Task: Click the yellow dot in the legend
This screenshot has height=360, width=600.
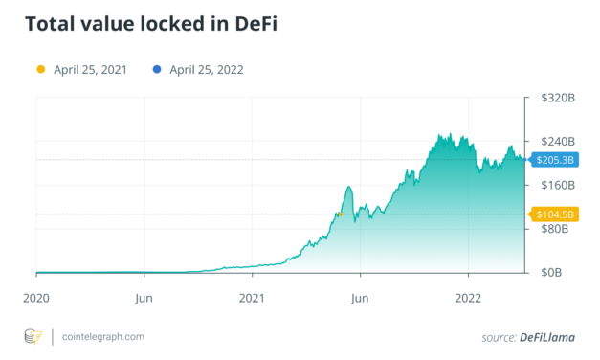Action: (x=40, y=69)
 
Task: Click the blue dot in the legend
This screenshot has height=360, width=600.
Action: (x=155, y=69)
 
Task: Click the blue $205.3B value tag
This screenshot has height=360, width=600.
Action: (x=554, y=159)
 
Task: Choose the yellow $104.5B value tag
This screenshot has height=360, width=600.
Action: (x=554, y=214)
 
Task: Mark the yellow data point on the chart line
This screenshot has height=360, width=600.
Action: (x=339, y=214)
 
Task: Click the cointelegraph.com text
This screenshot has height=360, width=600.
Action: (x=102, y=337)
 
